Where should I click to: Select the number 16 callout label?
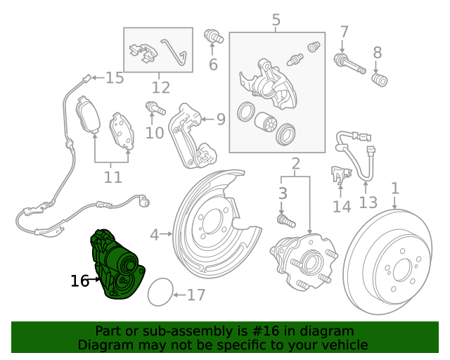(x=79, y=281)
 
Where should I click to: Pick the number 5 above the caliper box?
(x=276, y=20)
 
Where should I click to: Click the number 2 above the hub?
(x=295, y=165)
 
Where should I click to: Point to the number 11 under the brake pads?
(x=112, y=176)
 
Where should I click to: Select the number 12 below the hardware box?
(x=160, y=88)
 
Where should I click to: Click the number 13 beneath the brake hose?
(x=368, y=204)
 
